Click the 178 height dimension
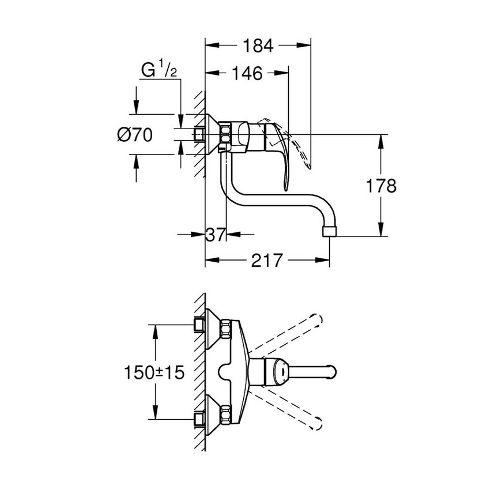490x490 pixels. (x=381, y=186)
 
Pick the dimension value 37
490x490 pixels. (x=216, y=234)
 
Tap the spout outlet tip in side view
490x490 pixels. (x=329, y=230)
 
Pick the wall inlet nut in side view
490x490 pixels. (x=199, y=135)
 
